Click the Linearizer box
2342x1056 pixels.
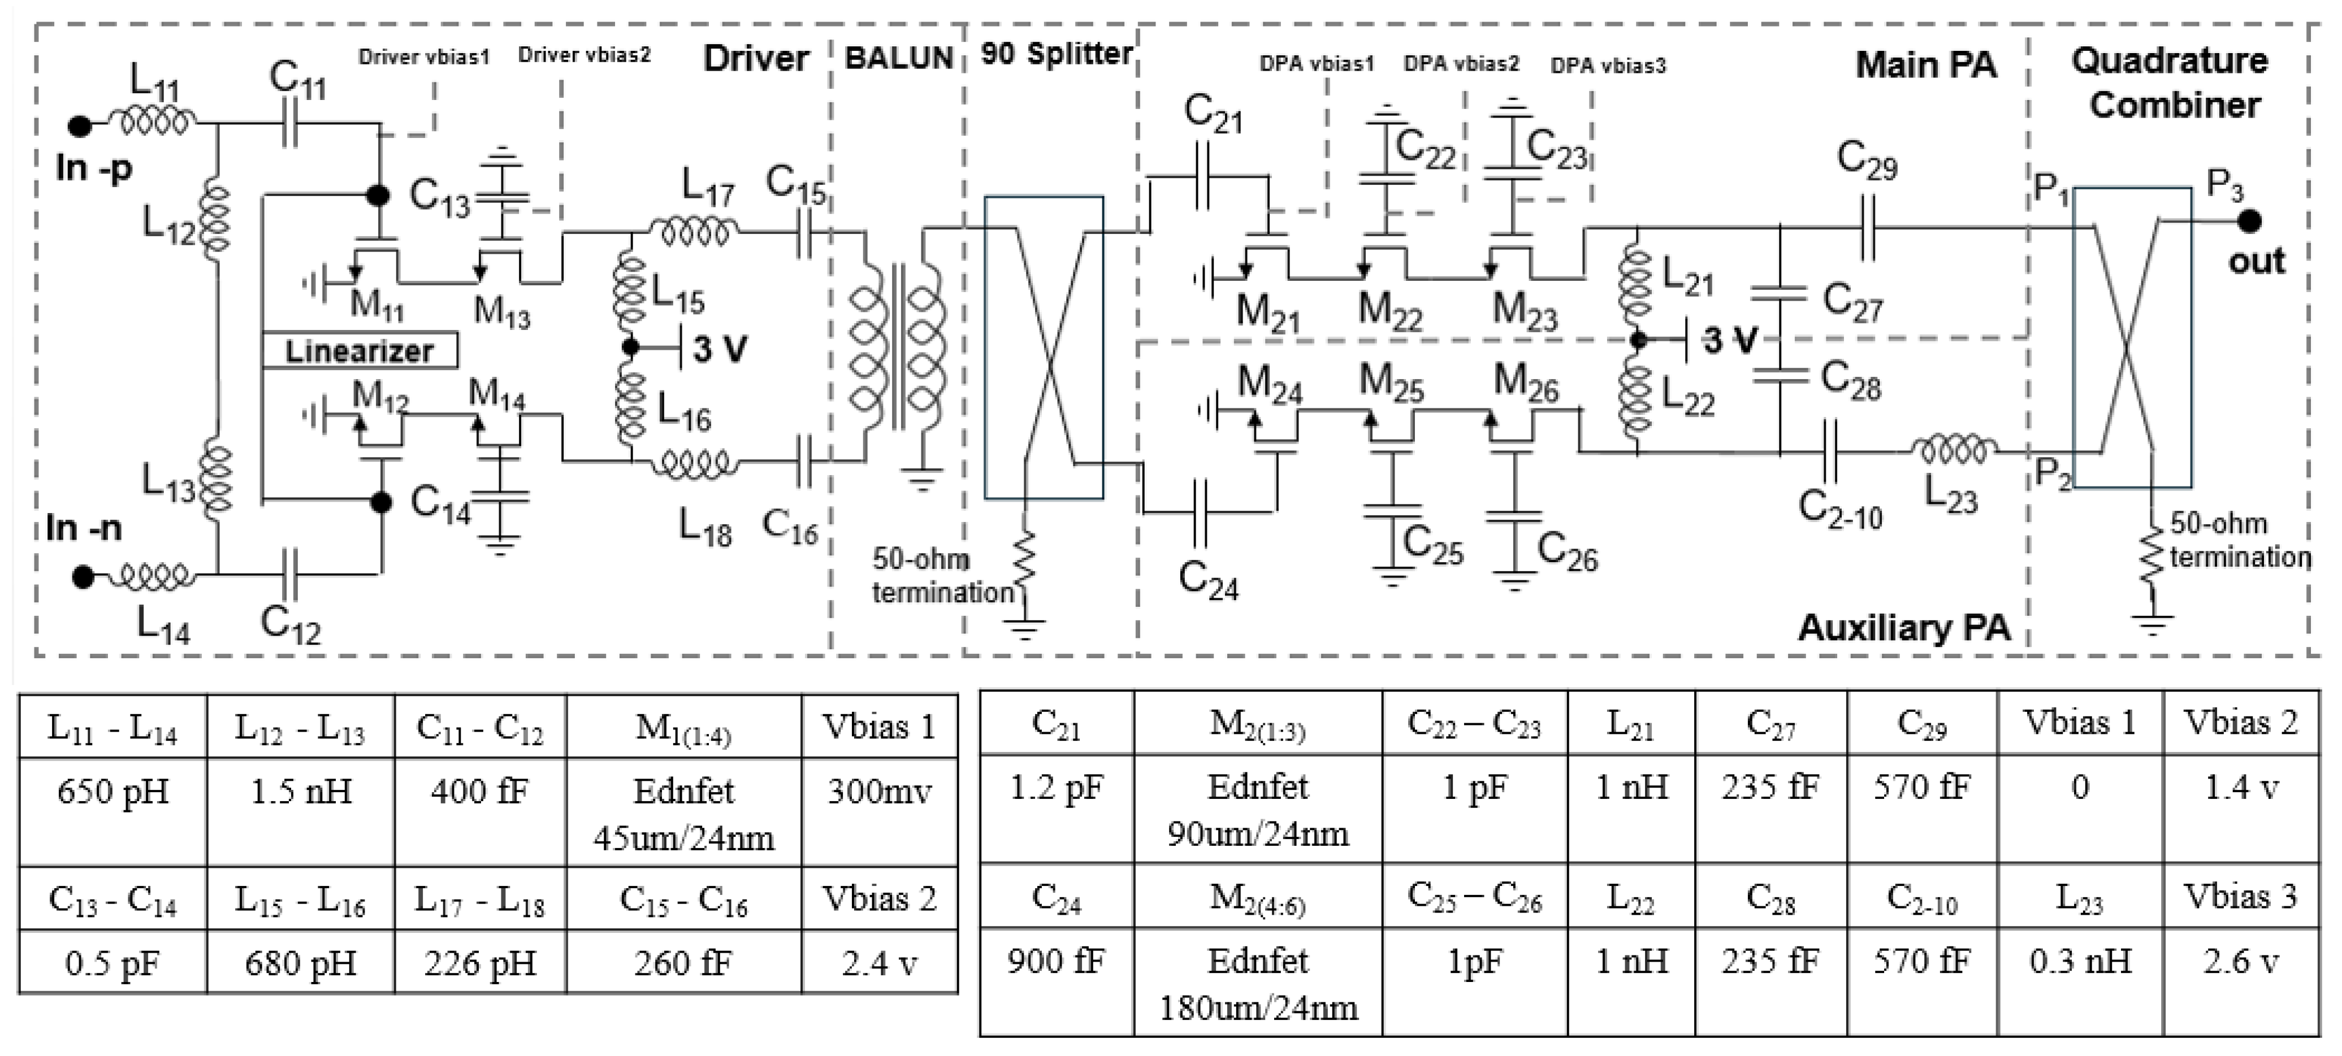point(359,350)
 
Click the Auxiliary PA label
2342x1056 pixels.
point(1904,628)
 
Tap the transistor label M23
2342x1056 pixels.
point(1525,312)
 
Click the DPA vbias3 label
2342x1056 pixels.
point(1607,66)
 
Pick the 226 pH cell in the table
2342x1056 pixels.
point(480,962)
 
